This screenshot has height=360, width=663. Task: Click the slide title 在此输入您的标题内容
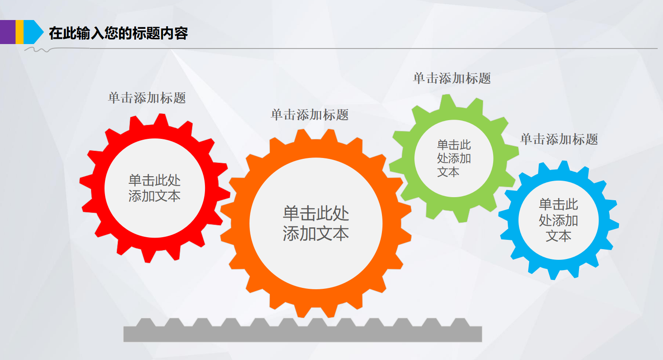(118, 33)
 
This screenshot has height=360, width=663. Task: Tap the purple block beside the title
(8, 32)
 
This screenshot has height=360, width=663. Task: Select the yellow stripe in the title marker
(20, 32)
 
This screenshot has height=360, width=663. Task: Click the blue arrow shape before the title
(32, 32)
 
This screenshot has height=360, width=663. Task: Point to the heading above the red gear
(147, 98)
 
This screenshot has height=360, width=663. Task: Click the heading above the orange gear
(309, 115)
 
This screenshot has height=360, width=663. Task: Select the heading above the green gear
(452, 79)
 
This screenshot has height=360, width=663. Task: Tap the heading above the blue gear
(559, 139)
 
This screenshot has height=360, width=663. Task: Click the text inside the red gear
(154, 188)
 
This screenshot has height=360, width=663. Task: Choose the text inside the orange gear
(316, 223)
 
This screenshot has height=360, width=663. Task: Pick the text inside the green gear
(454, 158)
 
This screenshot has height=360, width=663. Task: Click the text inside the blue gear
(559, 220)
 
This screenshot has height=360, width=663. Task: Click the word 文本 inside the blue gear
(559, 236)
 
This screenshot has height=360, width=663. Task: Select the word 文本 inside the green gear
(448, 172)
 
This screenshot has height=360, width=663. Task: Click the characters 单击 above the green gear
(426, 79)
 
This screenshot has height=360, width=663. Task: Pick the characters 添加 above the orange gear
(309, 115)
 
